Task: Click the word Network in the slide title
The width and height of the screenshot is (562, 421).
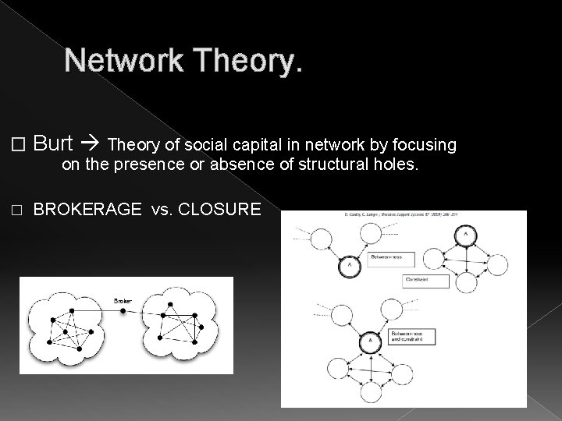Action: (x=117, y=62)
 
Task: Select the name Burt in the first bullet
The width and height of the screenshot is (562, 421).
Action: (x=54, y=144)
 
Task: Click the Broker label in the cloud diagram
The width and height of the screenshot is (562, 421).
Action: (x=123, y=300)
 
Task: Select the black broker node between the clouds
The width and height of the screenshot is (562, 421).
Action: (x=123, y=311)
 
